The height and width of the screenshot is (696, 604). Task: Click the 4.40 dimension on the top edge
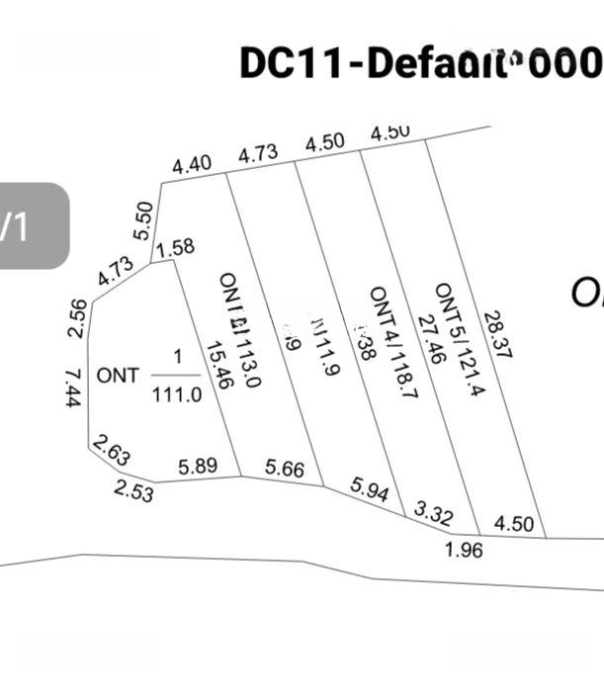tap(192, 164)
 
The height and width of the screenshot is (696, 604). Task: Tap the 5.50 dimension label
tap(143, 220)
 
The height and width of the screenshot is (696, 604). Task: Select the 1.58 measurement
tap(175, 246)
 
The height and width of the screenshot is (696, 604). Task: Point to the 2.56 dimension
tap(78, 317)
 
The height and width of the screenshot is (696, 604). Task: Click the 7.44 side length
tap(72, 389)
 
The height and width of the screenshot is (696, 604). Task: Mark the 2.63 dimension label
tap(112, 453)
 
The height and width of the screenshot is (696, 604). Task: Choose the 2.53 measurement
tap(133, 489)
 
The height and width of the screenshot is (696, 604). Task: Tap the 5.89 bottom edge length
tap(198, 465)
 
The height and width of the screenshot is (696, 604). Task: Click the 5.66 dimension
tap(285, 469)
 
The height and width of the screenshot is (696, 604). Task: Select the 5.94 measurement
tap(370, 488)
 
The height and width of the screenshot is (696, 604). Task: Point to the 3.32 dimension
tap(433, 513)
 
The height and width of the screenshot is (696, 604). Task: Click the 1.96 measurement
tap(464, 549)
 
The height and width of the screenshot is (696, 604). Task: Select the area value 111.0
tap(177, 394)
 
